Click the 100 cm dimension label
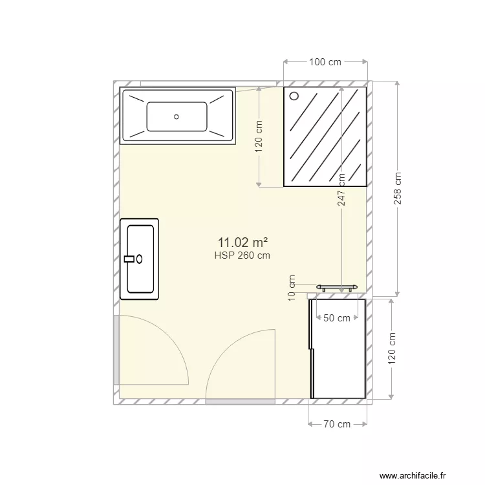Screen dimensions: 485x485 pyautogui.click(x=325, y=62)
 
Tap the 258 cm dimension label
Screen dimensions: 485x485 pyautogui.click(x=398, y=188)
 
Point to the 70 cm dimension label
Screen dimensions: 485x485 pyautogui.click(x=336, y=424)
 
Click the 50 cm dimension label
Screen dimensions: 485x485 pyautogui.click(x=337, y=318)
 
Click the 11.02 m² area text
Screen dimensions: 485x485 pyautogui.click(x=242, y=242)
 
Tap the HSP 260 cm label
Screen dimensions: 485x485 pyautogui.click(x=242, y=255)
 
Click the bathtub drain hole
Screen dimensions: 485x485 pyautogui.click(x=176, y=117)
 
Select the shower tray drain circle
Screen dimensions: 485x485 pyautogui.click(x=294, y=96)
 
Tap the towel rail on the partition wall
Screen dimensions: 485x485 pyautogui.click(x=336, y=287)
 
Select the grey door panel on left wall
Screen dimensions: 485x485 pyautogui.click(x=116, y=350)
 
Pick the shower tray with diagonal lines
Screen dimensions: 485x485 pyautogui.click(x=325, y=137)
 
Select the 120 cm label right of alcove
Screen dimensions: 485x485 pyautogui.click(x=391, y=349)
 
